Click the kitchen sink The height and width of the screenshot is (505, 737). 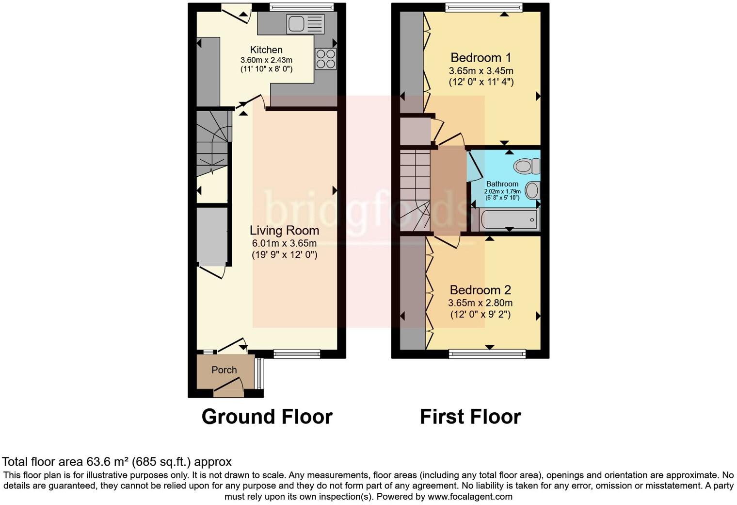pyautogui.click(x=305, y=24)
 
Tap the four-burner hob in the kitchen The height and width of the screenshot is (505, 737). pyautogui.click(x=325, y=59)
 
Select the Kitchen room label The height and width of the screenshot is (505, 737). pyautogui.click(x=266, y=50)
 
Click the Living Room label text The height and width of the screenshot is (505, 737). pyautogui.click(x=284, y=231)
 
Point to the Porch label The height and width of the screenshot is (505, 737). pyautogui.click(x=224, y=370)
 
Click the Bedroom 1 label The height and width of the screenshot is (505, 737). pyautogui.click(x=481, y=58)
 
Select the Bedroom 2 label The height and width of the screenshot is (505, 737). pyautogui.click(x=480, y=290)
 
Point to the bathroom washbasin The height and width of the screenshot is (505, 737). pyautogui.click(x=532, y=190)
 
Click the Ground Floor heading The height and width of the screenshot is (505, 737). pyautogui.click(x=267, y=417)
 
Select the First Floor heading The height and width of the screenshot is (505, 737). pyautogui.click(x=470, y=417)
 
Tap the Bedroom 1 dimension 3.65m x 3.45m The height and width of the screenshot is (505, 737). pyautogui.click(x=481, y=71)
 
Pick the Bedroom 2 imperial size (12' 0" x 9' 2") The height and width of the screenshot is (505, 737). pyautogui.click(x=480, y=315)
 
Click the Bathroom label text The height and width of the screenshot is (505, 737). pyautogui.click(x=502, y=184)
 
